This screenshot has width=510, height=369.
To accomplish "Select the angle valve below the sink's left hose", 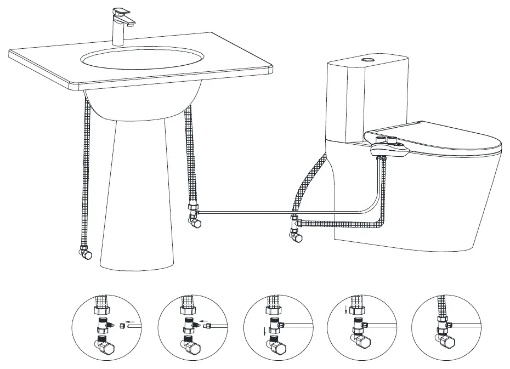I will pyautogui.click(x=85, y=253).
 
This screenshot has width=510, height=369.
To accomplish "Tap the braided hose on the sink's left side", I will pyautogui.click(x=86, y=175).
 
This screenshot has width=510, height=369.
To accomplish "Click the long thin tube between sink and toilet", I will pyautogui.click(x=247, y=212).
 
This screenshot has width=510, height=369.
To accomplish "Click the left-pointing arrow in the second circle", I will pyautogui.click(x=203, y=321).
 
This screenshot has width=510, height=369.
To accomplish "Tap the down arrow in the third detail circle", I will pyautogui.click(x=265, y=331).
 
